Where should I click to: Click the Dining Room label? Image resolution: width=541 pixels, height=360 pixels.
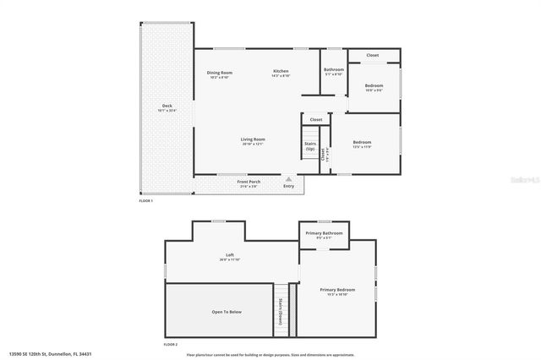tap(220, 73)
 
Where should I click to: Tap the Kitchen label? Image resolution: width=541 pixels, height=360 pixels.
tap(281, 71)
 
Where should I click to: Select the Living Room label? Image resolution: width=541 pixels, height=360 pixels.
tap(253, 139)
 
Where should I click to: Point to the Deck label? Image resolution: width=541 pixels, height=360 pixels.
tap(167, 106)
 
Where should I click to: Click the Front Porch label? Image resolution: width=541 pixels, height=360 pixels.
tap(249, 182)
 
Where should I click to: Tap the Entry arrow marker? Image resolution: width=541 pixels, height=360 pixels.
tap(289, 178)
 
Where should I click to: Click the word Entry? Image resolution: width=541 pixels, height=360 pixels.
tap(289, 186)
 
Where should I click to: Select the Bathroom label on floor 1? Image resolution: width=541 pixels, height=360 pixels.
tap(334, 69)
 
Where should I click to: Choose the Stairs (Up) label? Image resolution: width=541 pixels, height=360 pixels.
tap(310, 145)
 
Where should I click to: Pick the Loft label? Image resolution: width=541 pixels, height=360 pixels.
tap(229, 254)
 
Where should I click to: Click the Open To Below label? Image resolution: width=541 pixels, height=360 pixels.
tap(227, 312)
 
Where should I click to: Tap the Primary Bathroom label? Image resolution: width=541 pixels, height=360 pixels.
tap(324, 232)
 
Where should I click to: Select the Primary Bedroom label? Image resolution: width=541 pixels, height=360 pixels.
tap(337, 290)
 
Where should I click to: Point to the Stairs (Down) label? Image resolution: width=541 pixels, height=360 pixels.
tap(279, 312)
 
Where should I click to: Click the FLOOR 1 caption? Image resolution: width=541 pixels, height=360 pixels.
tap(146, 200)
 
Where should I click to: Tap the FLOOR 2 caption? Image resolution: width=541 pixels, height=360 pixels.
tap(171, 345)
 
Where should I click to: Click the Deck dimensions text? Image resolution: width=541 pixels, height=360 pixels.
tap(167, 111)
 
